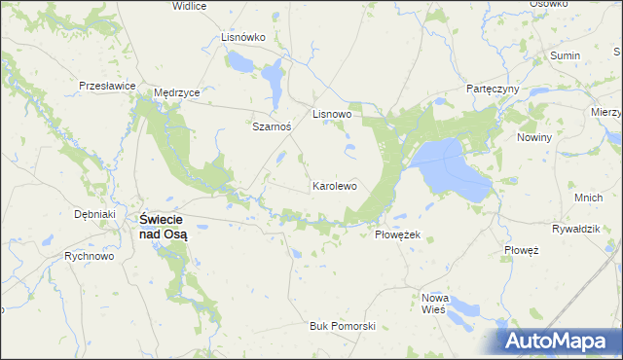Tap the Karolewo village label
coord(335,185)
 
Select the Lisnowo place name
coord(331,114)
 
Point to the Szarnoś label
coord(272,126)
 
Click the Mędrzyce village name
coord(177,92)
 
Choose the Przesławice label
coord(107,86)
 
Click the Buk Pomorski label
coord(342,326)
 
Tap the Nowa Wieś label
coord(432,303)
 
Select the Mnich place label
coord(588,198)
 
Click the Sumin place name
coord(565,56)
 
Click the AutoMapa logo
coord(559,341)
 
